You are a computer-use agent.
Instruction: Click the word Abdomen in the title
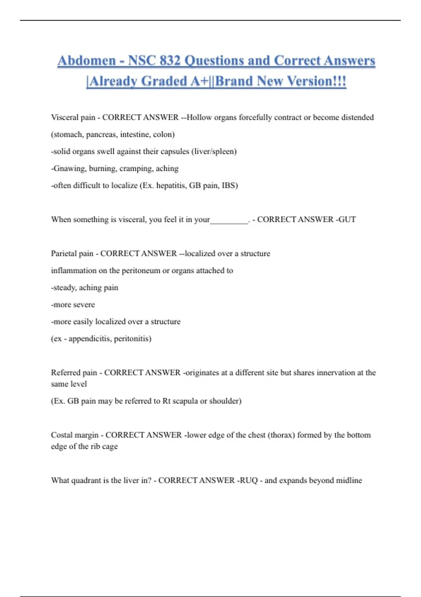pyautogui.click(x=87, y=61)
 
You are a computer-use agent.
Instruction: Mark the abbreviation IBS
pyautogui.click(x=230, y=185)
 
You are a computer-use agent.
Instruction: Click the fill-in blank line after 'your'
pyautogui.click(x=229, y=220)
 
